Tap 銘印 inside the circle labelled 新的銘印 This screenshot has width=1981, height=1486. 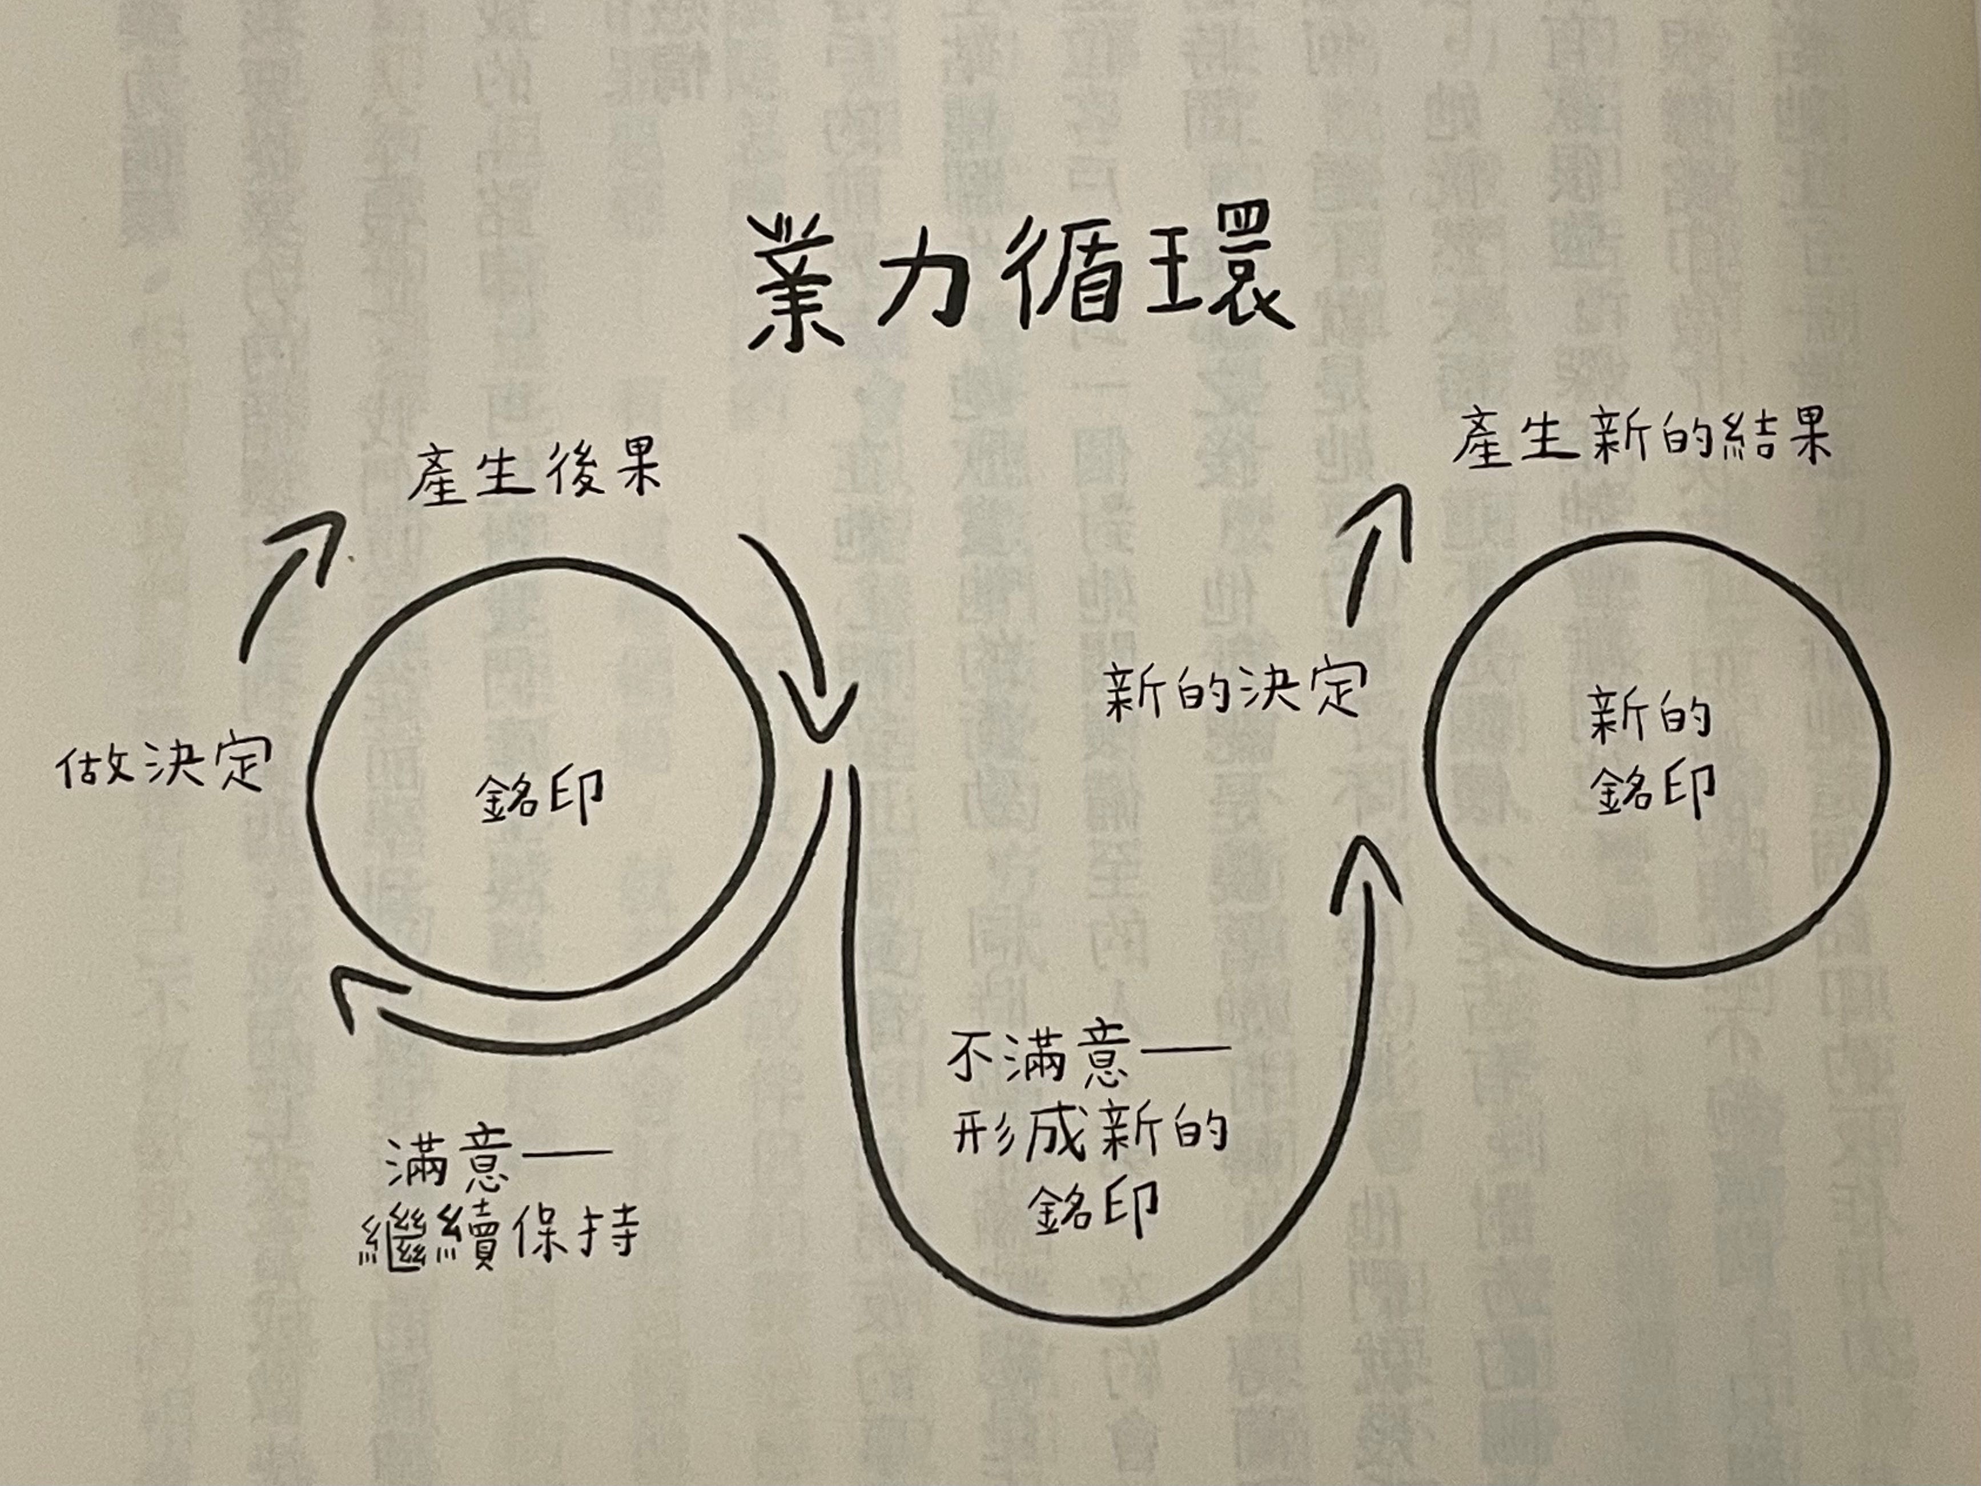pyautogui.click(x=1655, y=788)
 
